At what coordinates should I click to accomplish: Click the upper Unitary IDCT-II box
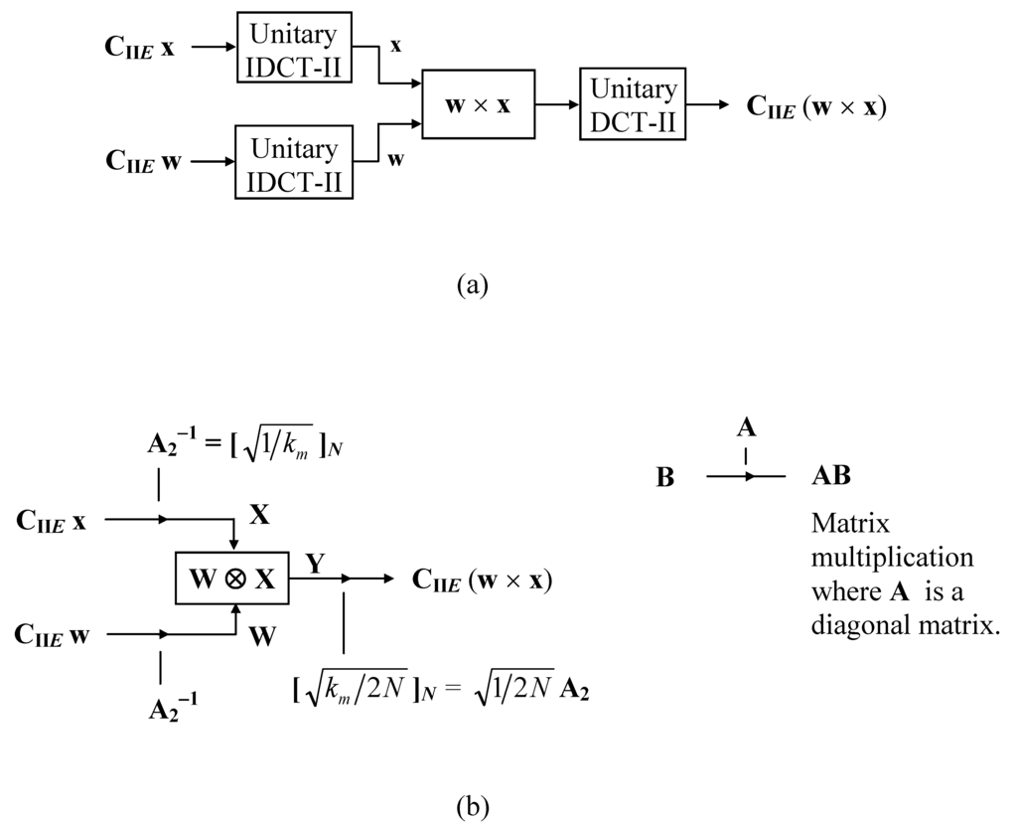point(295,48)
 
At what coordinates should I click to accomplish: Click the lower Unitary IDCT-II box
point(295,162)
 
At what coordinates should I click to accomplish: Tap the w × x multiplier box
point(478,104)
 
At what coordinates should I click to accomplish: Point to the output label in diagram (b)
point(482,579)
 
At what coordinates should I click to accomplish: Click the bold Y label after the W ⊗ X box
point(315,563)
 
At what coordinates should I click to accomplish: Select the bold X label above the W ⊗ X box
point(260,515)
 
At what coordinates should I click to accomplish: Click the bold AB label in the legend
point(830,477)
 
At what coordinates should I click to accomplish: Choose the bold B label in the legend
point(665,478)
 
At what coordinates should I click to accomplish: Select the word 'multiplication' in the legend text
point(892,557)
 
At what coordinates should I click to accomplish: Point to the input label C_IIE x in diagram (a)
point(140,47)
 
